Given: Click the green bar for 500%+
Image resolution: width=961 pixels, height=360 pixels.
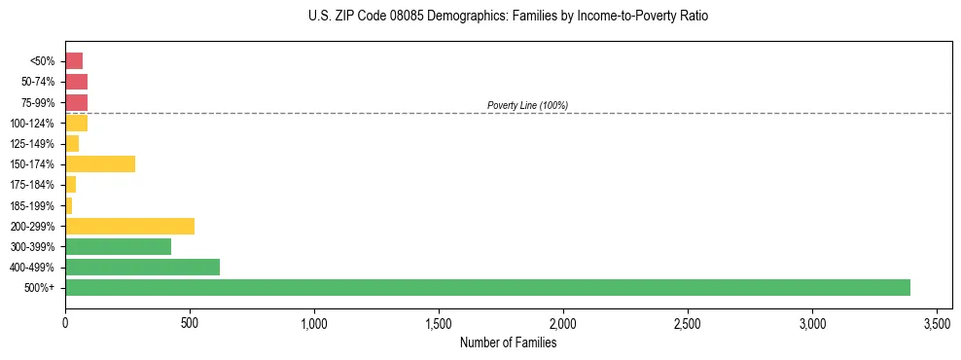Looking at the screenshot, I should [486, 287].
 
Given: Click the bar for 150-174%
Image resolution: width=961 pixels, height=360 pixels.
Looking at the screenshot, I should [100, 163].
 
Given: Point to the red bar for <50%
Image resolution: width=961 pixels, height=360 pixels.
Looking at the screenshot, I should [74, 61].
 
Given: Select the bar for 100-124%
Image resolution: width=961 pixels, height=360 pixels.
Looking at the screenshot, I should [77, 123].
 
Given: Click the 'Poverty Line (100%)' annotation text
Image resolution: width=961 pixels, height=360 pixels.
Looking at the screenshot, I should [527, 105].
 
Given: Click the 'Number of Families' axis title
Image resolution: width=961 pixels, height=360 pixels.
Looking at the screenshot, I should [508, 342].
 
